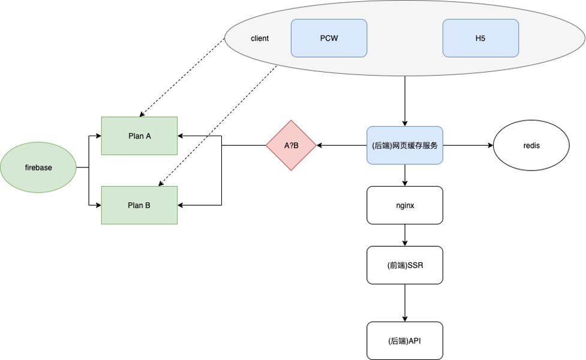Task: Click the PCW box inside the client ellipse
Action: pyautogui.click(x=329, y=38)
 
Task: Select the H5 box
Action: pyautogui.click(x=480, y=38)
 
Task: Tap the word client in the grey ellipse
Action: pyautogui.click(x=260, y=38)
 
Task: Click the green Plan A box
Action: pyautogui.click(x=139, y=136)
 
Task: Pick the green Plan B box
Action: pyautogui.click(x=139, y=205)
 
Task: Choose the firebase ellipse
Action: pyautogui.click(x=38, y=167)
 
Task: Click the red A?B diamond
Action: pyautogui.click(x=291, y=145)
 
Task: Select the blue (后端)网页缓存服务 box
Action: pyautogui.click(x=405, y=145)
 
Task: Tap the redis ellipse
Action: pyautogui.click(x=531, y=145)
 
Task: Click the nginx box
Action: pyautogui.click(x=405, y=205)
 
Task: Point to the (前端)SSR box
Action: pyautogui.click(x=405, y=265)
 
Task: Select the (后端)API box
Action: pyautogui.click(x=405, y=341)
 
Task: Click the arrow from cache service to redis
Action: pyautogui.click(x=468, y=145)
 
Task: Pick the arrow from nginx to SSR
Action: pyautogui.click(x=405, y=235)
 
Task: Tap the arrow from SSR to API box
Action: pyautogui.click(x=405, y=303)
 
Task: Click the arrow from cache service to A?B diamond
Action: pyautogui.click(x=342, y=145)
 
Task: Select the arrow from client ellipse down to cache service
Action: pyautogui.click(x=405, y=101)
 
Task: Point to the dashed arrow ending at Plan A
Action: pyautogui.click(x=182, y=77)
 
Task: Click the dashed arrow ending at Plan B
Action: pyautogui.click(x=218, y=125)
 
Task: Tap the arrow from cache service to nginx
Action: pyautogui.click(x=405, y=175)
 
